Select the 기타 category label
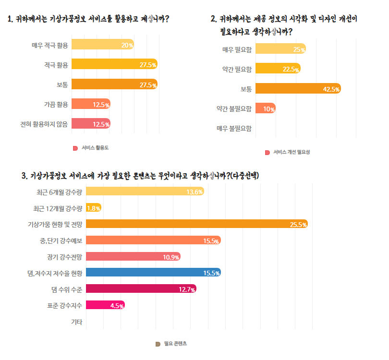76,322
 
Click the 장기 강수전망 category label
65,257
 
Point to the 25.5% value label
298,225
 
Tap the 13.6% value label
194,192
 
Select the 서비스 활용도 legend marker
75,148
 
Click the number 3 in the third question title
24,176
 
